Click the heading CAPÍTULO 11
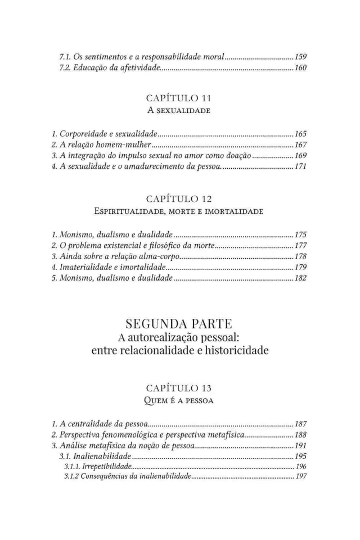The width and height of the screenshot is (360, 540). [179, 97]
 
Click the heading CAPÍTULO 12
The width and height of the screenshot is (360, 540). [179, 199]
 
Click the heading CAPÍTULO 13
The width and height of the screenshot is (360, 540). [179, 388]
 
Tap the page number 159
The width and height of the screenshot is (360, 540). [300, 57]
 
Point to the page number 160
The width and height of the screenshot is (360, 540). [300, 68]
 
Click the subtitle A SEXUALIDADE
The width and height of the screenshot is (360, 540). [179, 110]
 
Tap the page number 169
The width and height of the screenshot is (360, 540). [300, 155]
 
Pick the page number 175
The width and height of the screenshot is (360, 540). [300, 235]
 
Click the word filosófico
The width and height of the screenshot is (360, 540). [166, 246]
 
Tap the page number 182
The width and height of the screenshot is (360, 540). [300, 278]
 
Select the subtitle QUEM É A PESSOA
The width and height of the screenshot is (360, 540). [179, 401]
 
